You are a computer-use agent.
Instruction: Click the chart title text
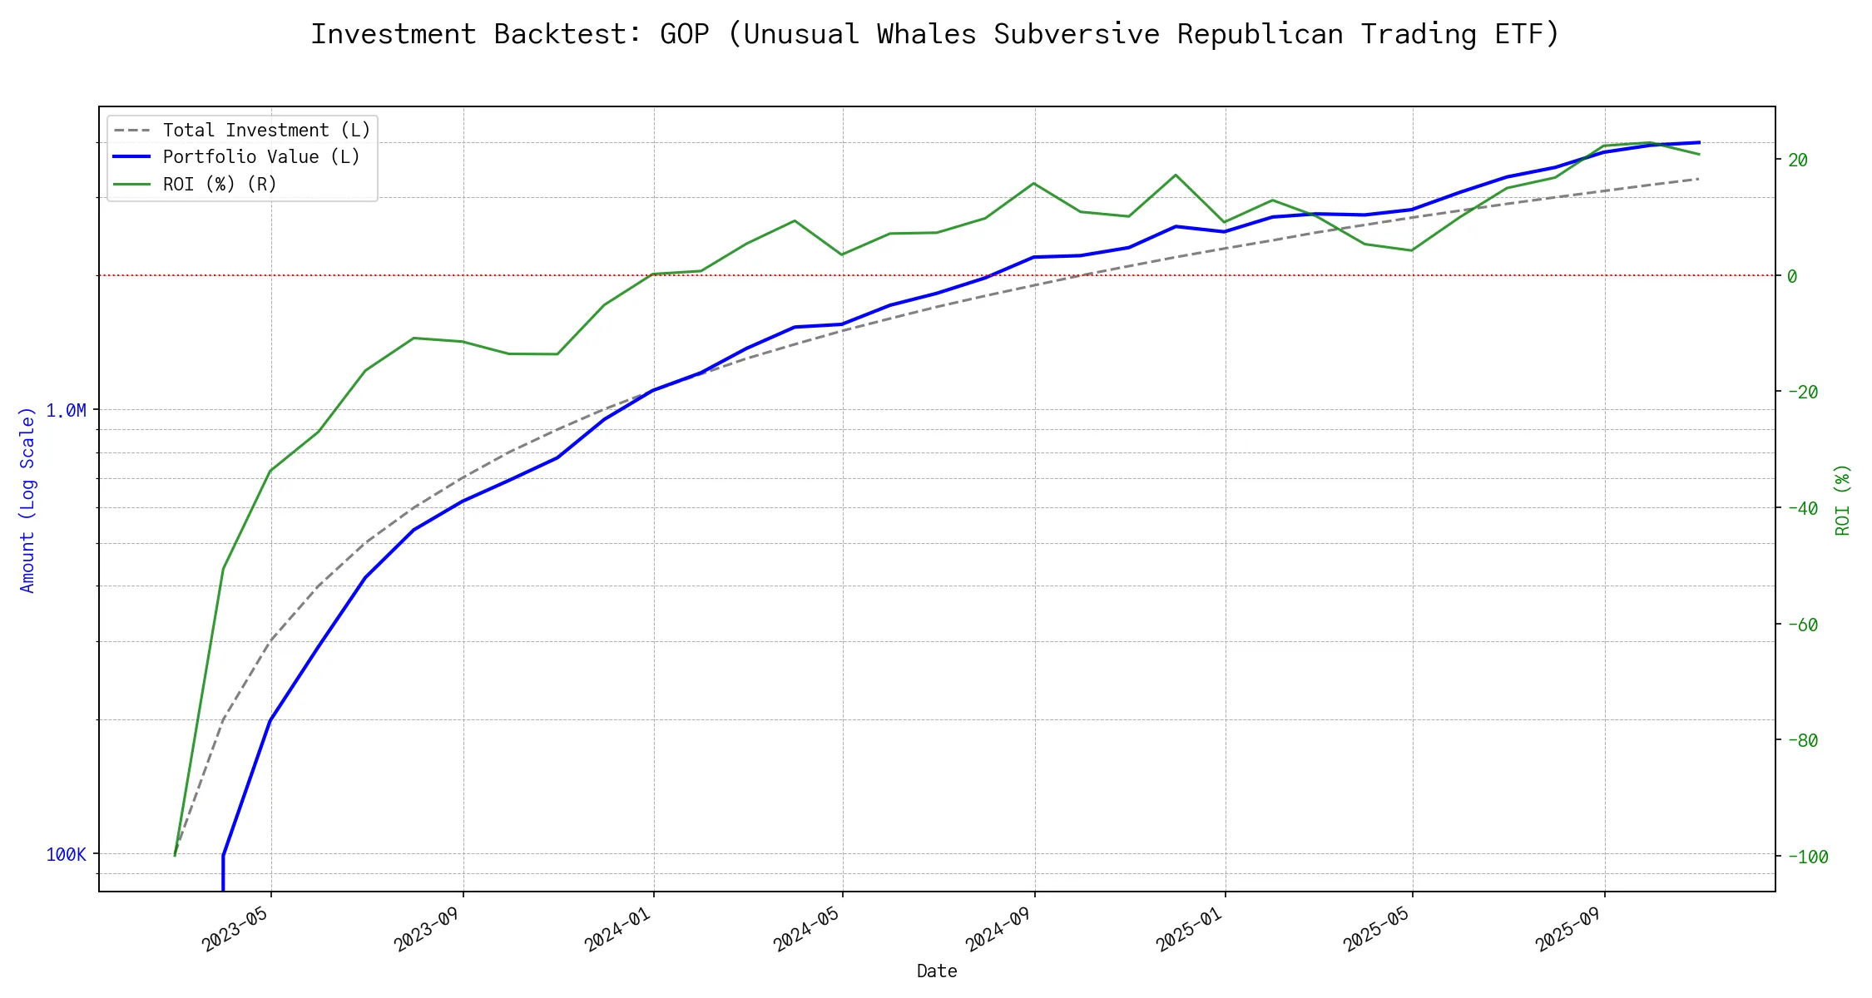click(935, 34)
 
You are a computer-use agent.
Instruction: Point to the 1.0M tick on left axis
click(66, 410)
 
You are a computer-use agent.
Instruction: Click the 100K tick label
click(66, 854)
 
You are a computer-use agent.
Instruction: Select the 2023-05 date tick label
click(237, 929)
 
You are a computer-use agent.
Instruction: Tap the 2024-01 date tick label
click(619, 929)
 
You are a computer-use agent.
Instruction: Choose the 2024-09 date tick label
click(1000, 929)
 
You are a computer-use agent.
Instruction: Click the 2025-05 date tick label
click(1378, 929)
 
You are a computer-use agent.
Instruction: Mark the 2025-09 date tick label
click(1571, 929)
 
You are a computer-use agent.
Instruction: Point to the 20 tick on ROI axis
click(1797, 160)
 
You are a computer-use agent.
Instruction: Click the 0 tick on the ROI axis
click(1792, 276)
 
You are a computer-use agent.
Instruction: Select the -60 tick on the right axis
click(1802, 625)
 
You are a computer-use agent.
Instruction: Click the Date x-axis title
click(937, 971)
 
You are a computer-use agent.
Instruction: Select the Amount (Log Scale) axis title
click(27, 499)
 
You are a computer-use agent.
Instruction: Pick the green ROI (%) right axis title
click(1842, 499)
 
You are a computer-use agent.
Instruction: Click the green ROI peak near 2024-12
click(1176, 175)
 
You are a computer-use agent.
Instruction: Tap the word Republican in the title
click(1260, 34)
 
